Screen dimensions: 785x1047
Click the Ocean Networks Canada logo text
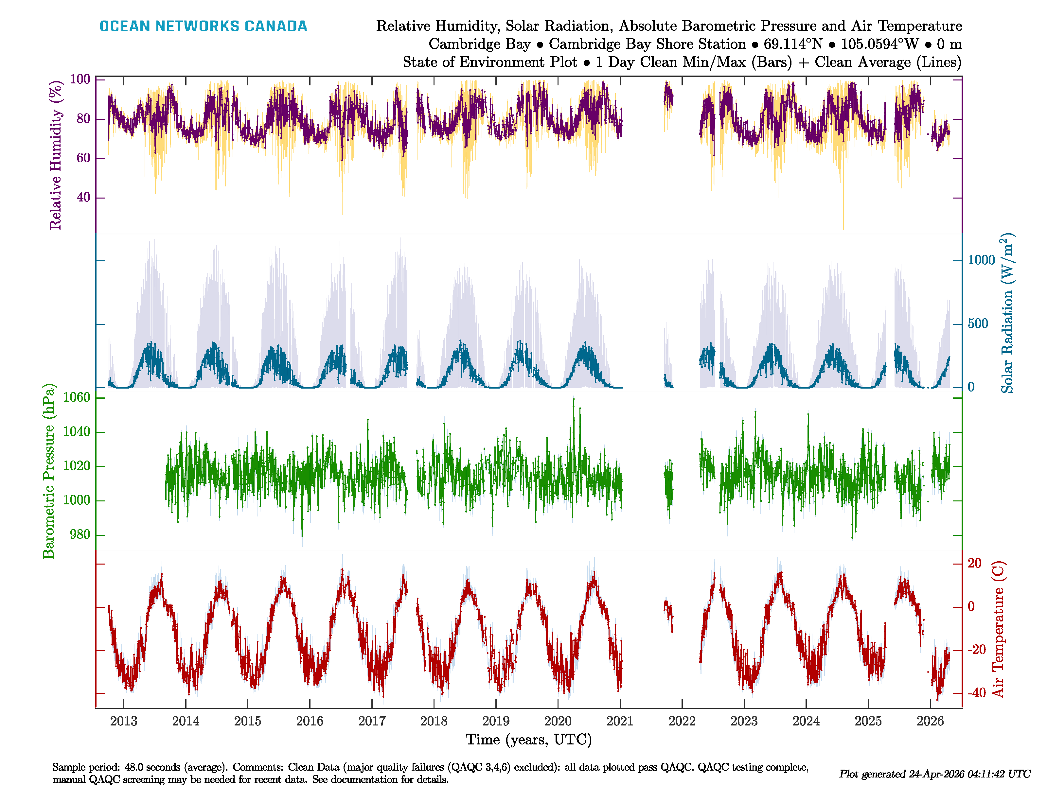tap(203, 26)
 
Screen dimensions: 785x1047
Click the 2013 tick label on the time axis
tap(124, 721)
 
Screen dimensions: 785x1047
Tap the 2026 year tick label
tap(930, 721)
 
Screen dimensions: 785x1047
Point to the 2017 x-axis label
tap(372, 721)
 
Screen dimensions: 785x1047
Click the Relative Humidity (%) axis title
tap(56, 155)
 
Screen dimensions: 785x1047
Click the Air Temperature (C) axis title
tap(998, 629)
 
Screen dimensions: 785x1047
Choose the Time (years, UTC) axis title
tap(529, 740)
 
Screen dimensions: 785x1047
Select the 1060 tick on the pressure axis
tap(76, 397)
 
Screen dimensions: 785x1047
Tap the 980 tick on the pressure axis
tap(80, 535)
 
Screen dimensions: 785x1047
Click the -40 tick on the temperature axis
tap(976, 693)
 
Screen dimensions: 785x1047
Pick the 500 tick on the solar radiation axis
tap(978, 324)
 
